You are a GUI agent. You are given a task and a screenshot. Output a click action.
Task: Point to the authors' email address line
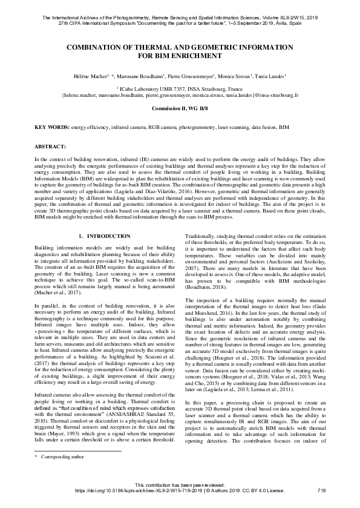point(180,95)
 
